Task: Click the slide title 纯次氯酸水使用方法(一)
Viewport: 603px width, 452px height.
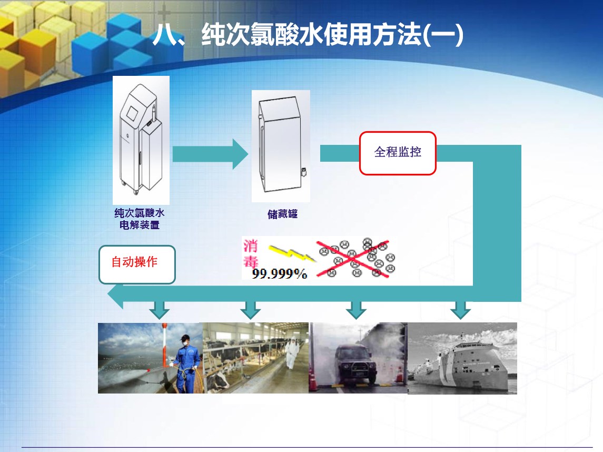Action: tap(332, 35)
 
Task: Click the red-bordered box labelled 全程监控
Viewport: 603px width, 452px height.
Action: tap(398, 153)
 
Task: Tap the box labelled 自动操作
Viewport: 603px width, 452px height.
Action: tap(137, 264)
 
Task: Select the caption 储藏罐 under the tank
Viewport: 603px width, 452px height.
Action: tap(282, 214)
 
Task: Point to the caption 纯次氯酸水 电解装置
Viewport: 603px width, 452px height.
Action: tap(139, 219)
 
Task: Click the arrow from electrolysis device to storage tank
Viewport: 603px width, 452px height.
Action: tap(210, 154)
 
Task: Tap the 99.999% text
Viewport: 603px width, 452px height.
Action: tap(280, 273)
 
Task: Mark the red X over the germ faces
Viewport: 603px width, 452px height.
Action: tap(353, 259)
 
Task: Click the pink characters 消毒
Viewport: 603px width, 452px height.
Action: tap(250, 253)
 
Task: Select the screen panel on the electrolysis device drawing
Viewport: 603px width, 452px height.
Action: tap(132, 113)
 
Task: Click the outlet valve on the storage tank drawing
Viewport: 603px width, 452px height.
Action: tap(304, 172)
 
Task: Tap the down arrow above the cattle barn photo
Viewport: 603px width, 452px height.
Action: tap(250, 310)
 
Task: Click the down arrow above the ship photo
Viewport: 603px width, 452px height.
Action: tap(460, 310)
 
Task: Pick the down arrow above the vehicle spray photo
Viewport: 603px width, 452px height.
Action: tap(355, 310)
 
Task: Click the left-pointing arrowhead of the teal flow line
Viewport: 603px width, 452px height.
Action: tap(115, 294)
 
